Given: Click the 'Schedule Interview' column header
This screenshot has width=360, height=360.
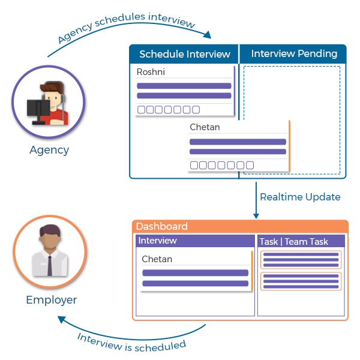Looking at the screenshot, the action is [185, 54].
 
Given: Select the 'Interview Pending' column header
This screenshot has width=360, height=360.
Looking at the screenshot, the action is [294, 54].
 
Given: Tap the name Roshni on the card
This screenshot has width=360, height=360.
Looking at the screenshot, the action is [151, 72].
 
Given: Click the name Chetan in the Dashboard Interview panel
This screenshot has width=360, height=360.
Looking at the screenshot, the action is [157, 259].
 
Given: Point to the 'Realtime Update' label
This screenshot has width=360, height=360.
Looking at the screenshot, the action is [300, 197].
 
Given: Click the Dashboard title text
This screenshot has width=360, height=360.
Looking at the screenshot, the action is [162, 226].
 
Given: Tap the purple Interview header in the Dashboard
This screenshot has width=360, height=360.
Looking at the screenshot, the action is [195, 241].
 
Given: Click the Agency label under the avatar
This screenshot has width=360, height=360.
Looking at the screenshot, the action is [49, 151].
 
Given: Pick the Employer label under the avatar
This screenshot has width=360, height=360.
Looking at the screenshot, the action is [52, 301].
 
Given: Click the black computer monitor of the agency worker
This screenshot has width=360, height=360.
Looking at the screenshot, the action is [38, 109].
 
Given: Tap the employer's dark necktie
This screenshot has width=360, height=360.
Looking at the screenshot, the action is [50, 266].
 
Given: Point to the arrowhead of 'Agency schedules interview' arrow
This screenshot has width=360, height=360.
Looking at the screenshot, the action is [208, 35].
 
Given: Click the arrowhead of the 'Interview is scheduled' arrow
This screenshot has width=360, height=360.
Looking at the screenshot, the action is [62, 319].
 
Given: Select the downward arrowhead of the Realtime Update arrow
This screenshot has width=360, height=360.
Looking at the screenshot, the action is [256, 216].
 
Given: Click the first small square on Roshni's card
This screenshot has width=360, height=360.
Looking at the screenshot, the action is [141, 110].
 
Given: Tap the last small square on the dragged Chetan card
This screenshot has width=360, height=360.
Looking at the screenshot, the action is [250, 165].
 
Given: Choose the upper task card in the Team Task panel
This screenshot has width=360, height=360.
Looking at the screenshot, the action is [301, 260].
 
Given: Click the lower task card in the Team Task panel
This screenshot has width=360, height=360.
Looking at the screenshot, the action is [301, 281].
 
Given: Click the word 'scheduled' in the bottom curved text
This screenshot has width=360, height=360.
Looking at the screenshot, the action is [160, 346].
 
